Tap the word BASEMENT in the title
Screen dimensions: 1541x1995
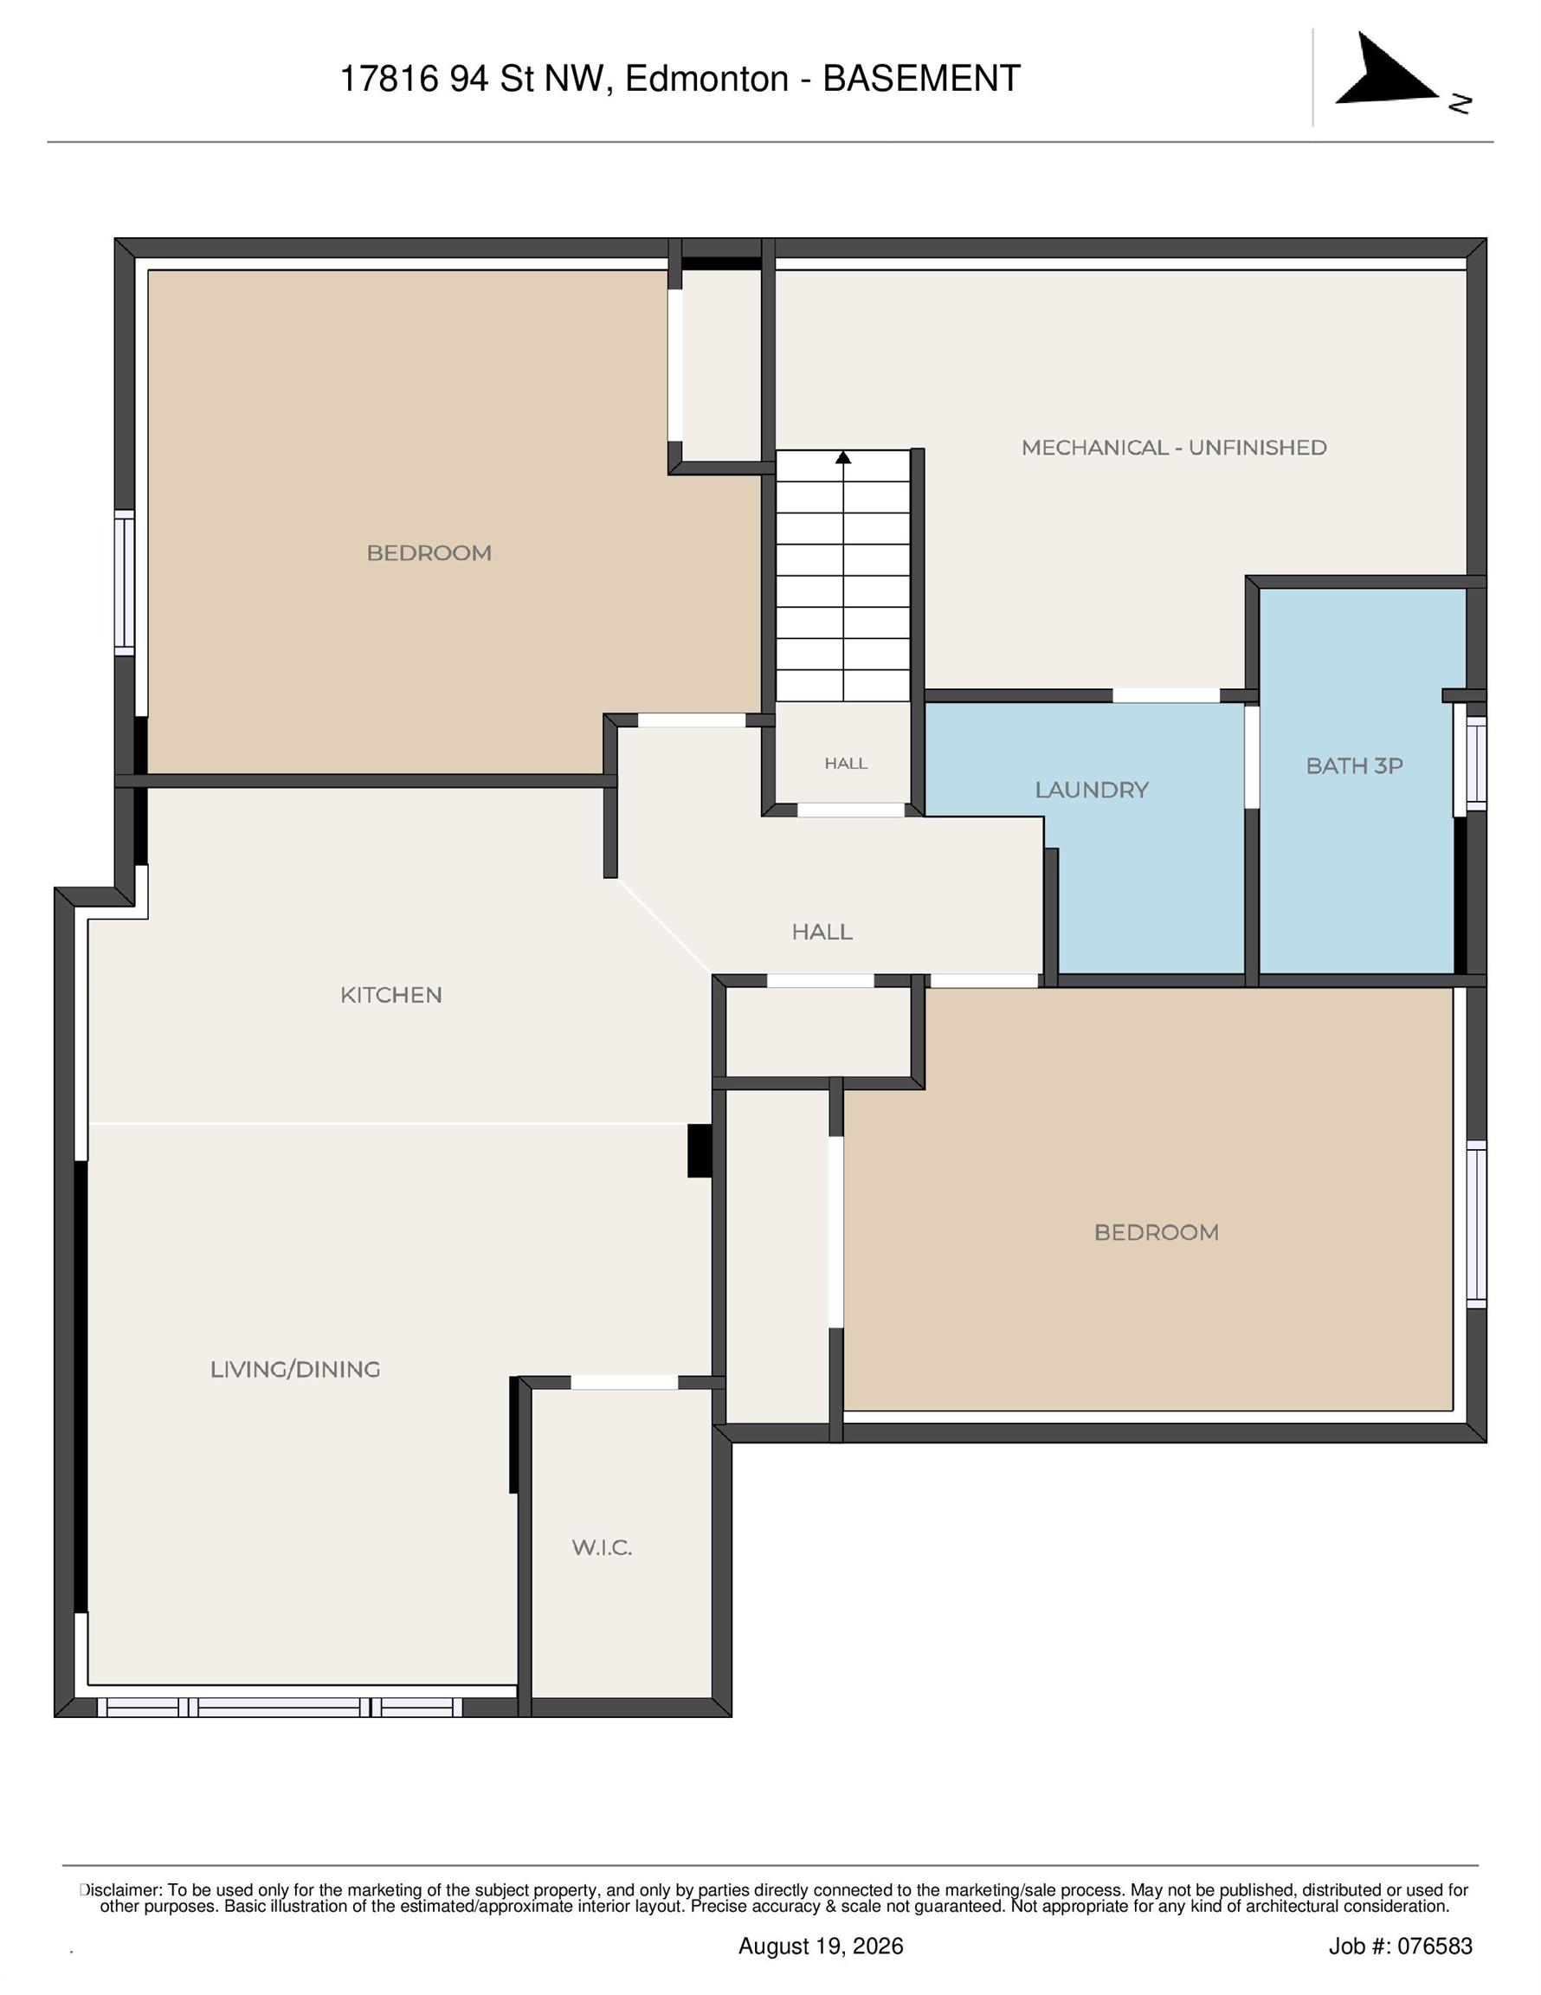coord(921,79)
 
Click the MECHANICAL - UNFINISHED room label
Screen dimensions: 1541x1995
coord(1173,448)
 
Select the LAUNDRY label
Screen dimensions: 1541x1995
coord(1091,791)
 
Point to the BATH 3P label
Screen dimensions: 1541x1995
coord(1354,765)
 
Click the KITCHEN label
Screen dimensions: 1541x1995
coord(391,995)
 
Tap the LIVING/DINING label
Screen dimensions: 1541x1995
coord(295,1369)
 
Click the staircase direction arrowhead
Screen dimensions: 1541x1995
coord(843,456)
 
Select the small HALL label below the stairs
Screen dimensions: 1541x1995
coord(846,763)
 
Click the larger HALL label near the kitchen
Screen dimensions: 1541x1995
coord(822,932)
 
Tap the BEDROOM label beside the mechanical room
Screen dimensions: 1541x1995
coord(429,552)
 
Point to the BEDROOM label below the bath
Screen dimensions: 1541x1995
coord(1157,1232)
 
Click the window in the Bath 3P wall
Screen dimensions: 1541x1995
coord(1475,762)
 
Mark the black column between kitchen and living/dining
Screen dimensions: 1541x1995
coord(700,1150)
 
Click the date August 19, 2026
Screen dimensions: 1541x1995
coord(821,1946)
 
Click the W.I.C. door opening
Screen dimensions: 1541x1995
coord(625,1382)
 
